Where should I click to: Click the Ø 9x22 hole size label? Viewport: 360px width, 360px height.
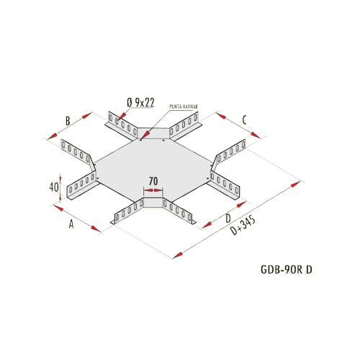click(140, 102)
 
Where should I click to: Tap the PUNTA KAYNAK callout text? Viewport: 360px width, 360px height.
click(184, 107)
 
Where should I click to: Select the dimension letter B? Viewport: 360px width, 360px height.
click(68, 121)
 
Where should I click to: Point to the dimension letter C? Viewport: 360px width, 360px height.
click(244, 120)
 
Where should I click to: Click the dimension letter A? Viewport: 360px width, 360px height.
click(71, 225)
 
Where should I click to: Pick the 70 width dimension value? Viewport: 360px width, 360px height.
click(153, 181)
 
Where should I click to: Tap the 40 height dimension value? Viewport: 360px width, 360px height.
click(54, 187)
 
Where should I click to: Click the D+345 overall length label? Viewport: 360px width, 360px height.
click(243, 225)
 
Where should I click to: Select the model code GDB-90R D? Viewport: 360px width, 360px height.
click(287, 270)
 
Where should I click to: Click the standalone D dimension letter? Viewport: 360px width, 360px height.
click(228, 218)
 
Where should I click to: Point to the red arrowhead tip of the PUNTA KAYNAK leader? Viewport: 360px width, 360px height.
click(142, 138)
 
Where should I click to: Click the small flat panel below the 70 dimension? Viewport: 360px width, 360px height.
click(153, 203)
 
